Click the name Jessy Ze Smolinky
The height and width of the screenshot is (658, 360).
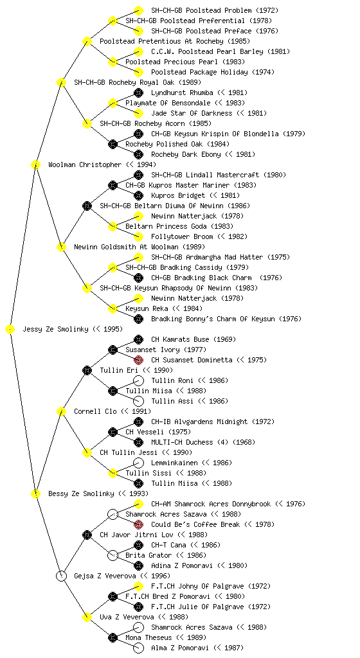[56, 330]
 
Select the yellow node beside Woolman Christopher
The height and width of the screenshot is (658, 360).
[35, 165]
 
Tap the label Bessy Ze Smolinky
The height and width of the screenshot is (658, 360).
[82, 494]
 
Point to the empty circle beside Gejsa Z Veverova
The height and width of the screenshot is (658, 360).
[61, 576]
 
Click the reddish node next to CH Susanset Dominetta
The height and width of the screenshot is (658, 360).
[138, 360]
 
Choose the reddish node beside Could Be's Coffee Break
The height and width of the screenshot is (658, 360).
[138, 524]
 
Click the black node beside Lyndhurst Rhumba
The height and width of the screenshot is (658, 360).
[138, 93]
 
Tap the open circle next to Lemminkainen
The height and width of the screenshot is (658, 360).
[138, 463]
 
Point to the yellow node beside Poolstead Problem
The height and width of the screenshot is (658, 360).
[138, 10]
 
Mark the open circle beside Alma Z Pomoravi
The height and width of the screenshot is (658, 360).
[138, 648]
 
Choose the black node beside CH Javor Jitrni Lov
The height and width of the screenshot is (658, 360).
[87, 535]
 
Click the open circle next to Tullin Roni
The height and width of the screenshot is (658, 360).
[138, 380]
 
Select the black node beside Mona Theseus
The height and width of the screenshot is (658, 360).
[113, 638]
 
